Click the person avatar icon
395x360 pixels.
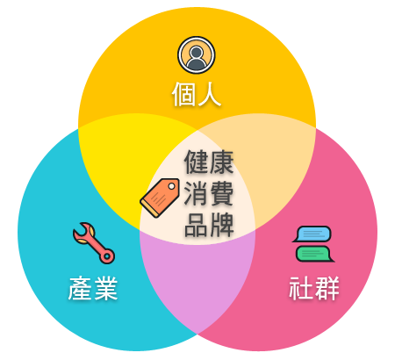197,55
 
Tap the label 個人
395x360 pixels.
197,94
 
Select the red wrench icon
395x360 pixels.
94,243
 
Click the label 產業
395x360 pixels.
93,289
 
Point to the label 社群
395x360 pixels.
314,288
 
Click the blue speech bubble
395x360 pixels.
312,234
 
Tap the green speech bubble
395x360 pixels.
315,254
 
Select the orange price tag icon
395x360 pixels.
160,198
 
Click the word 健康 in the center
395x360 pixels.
209,162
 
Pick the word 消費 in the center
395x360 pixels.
209,193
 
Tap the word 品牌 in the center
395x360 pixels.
209,225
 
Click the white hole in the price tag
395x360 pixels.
172,186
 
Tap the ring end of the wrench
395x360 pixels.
107,256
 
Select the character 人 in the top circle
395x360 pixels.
209,94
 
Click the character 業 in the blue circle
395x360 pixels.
106,289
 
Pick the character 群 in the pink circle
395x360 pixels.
327,288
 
